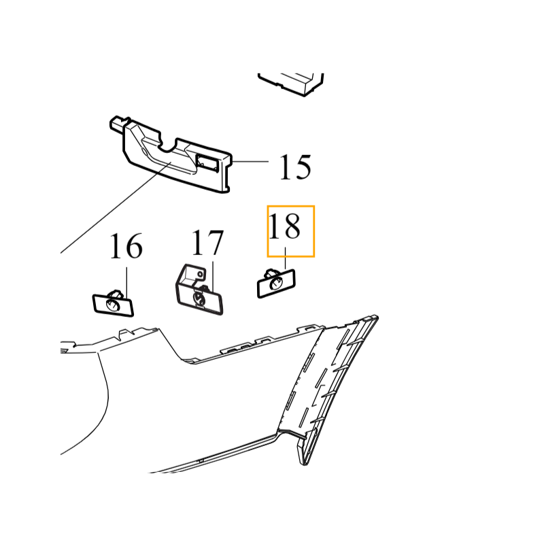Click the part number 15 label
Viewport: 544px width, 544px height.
click(295, 167)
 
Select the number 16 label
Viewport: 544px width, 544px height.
click(126, 245)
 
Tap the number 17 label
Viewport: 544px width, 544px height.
click(207, 242)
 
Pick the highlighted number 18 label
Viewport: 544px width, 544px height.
click(284, 226)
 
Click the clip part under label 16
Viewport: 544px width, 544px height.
click(113, 303)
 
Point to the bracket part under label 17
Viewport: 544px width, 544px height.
click(199, 290)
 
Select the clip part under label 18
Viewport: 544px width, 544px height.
click(276, 283)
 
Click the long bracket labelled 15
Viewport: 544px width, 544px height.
click(171, 154)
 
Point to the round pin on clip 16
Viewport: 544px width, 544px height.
click(113, 305)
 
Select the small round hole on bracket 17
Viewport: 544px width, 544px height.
click(200, 274)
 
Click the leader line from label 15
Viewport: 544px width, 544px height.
click(250, 162)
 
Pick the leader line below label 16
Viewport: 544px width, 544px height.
click(126, 282)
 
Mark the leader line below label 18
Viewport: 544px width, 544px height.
click(285, 258)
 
